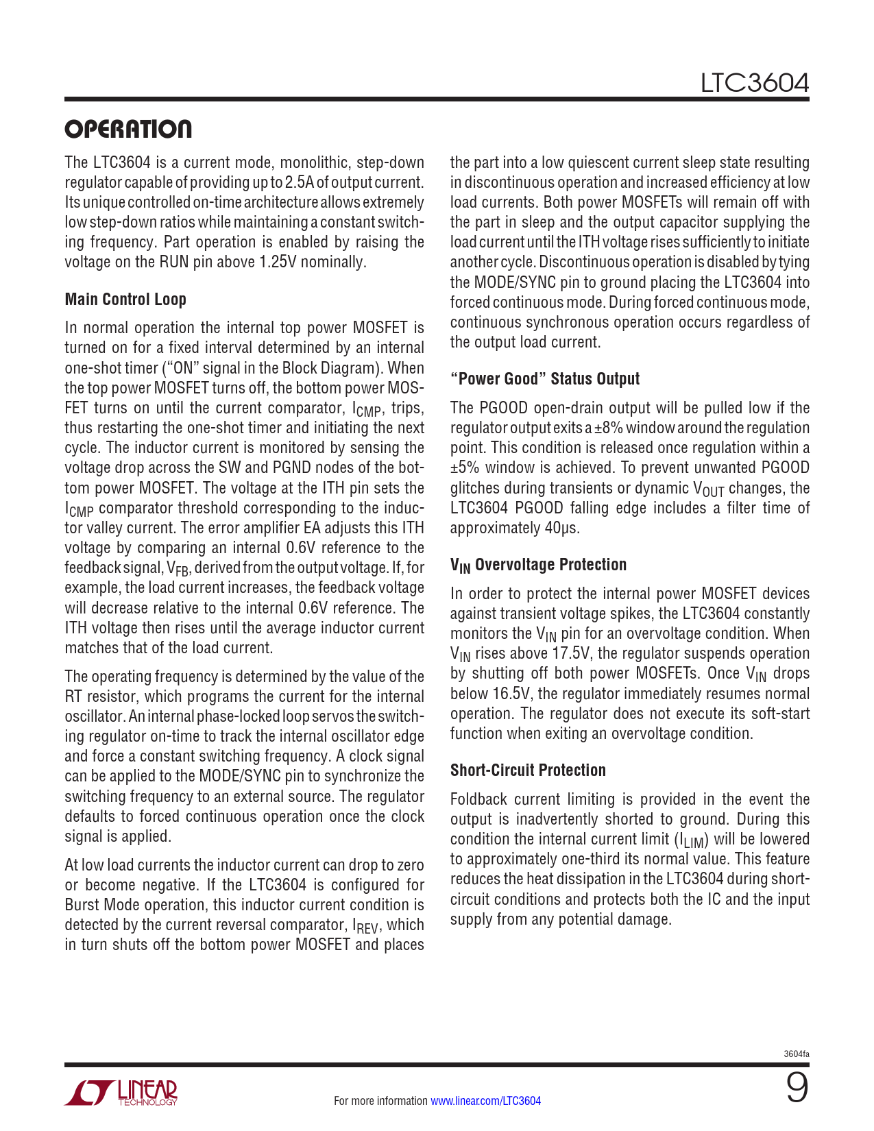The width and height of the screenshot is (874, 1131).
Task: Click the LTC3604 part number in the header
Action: [x=754, y=84]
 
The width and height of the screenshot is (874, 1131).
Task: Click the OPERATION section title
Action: [x=128, y=129]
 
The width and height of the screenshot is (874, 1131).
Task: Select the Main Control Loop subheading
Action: [x=125, y=300]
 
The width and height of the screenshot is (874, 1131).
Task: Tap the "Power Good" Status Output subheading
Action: [x=544, y=379]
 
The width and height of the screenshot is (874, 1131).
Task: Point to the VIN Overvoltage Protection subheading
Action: [x=538, y=565]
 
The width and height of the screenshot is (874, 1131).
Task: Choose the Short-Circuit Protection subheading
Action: [x=528, y=770]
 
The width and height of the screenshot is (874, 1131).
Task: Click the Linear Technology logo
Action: [x=121, y=1093]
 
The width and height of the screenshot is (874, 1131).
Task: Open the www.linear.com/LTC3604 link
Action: [x=485, y=1101]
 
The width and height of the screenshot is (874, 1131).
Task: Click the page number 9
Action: [x=797, y=1089]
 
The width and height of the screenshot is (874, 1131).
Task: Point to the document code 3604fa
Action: [x=797, y=1054]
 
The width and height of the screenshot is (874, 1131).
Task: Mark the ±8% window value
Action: [x=608, y=428]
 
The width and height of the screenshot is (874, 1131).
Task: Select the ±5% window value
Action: [x=465, y=467]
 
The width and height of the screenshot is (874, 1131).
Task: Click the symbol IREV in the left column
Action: [x=365, y=926]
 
